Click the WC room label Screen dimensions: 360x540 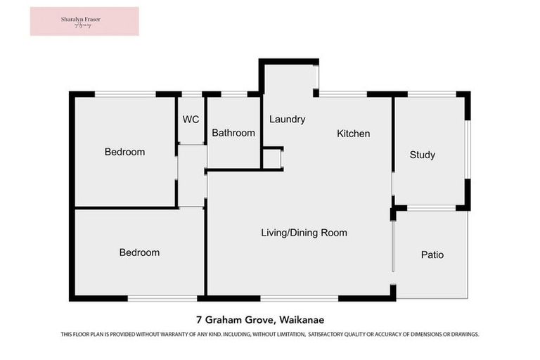(191, 120)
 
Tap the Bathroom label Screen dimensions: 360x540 (233, 133)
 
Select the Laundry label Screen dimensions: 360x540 (287, 120)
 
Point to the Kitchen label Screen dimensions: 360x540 (353, 134)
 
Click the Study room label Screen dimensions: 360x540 (422, 155)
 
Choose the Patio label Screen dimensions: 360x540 (432, 255)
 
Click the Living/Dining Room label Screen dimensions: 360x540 (304, 233)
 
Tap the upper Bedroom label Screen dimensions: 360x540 (124, 152)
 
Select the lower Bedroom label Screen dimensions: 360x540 (139, 252)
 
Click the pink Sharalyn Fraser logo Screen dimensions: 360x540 (84, 21)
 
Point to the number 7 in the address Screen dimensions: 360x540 (199, 318)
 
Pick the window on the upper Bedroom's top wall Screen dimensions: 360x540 (124, 94)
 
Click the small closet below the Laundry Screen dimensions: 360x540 (272, 159)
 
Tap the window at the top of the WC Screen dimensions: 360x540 (191, 94)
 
